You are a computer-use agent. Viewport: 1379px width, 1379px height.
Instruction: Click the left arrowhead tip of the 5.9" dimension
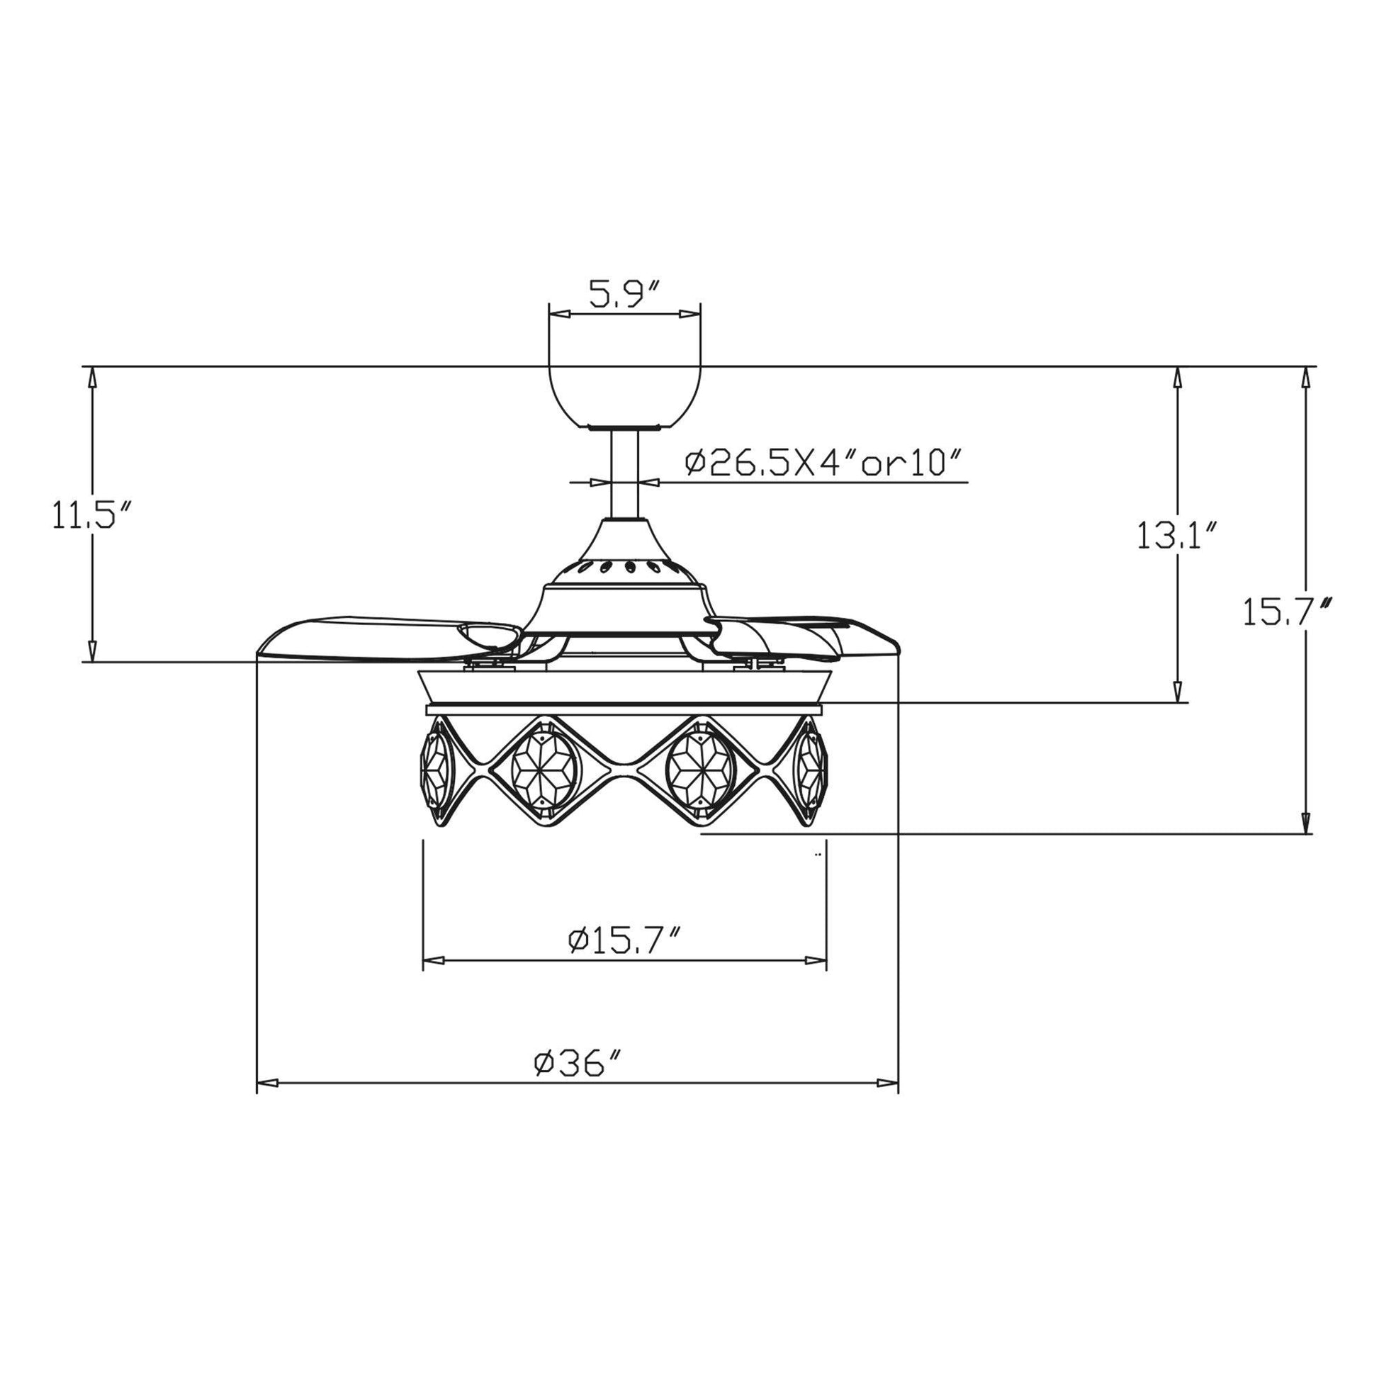pyautogui.click(x=551, y=314)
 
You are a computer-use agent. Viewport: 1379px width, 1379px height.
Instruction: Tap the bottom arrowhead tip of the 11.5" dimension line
pyautogui.click(x=92, y=661)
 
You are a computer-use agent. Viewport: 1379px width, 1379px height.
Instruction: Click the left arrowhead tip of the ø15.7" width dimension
pyautogui.click(x=424, y=960)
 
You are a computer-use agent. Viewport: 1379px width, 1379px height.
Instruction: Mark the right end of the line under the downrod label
pyautogui.click(x=969, y=483)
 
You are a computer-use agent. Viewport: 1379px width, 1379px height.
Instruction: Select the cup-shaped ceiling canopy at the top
pyautogui.click(x=624, y=397)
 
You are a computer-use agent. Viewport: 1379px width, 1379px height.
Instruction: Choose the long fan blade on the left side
pyautogui.click(x=389, y=636)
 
